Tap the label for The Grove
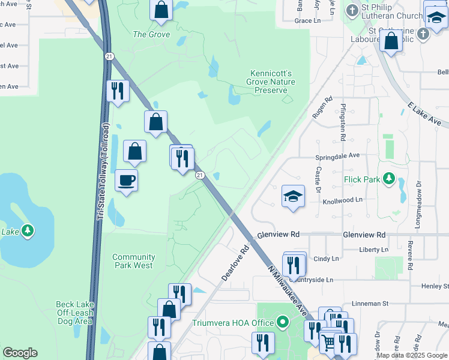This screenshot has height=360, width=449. (x=151, y=34)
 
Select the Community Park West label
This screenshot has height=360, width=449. (x=133, y=261)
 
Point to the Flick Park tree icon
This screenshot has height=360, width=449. (x=389, y=178)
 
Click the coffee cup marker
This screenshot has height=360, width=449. (x=126, y=180)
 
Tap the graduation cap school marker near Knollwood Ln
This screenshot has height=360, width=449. (x=292, y=196)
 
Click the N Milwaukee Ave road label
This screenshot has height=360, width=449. (x=295, y=294)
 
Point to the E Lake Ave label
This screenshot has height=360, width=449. (x=424, y=114)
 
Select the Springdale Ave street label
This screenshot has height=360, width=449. (x=337, y=155)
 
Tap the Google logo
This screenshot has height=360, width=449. (x=20, y=353)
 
